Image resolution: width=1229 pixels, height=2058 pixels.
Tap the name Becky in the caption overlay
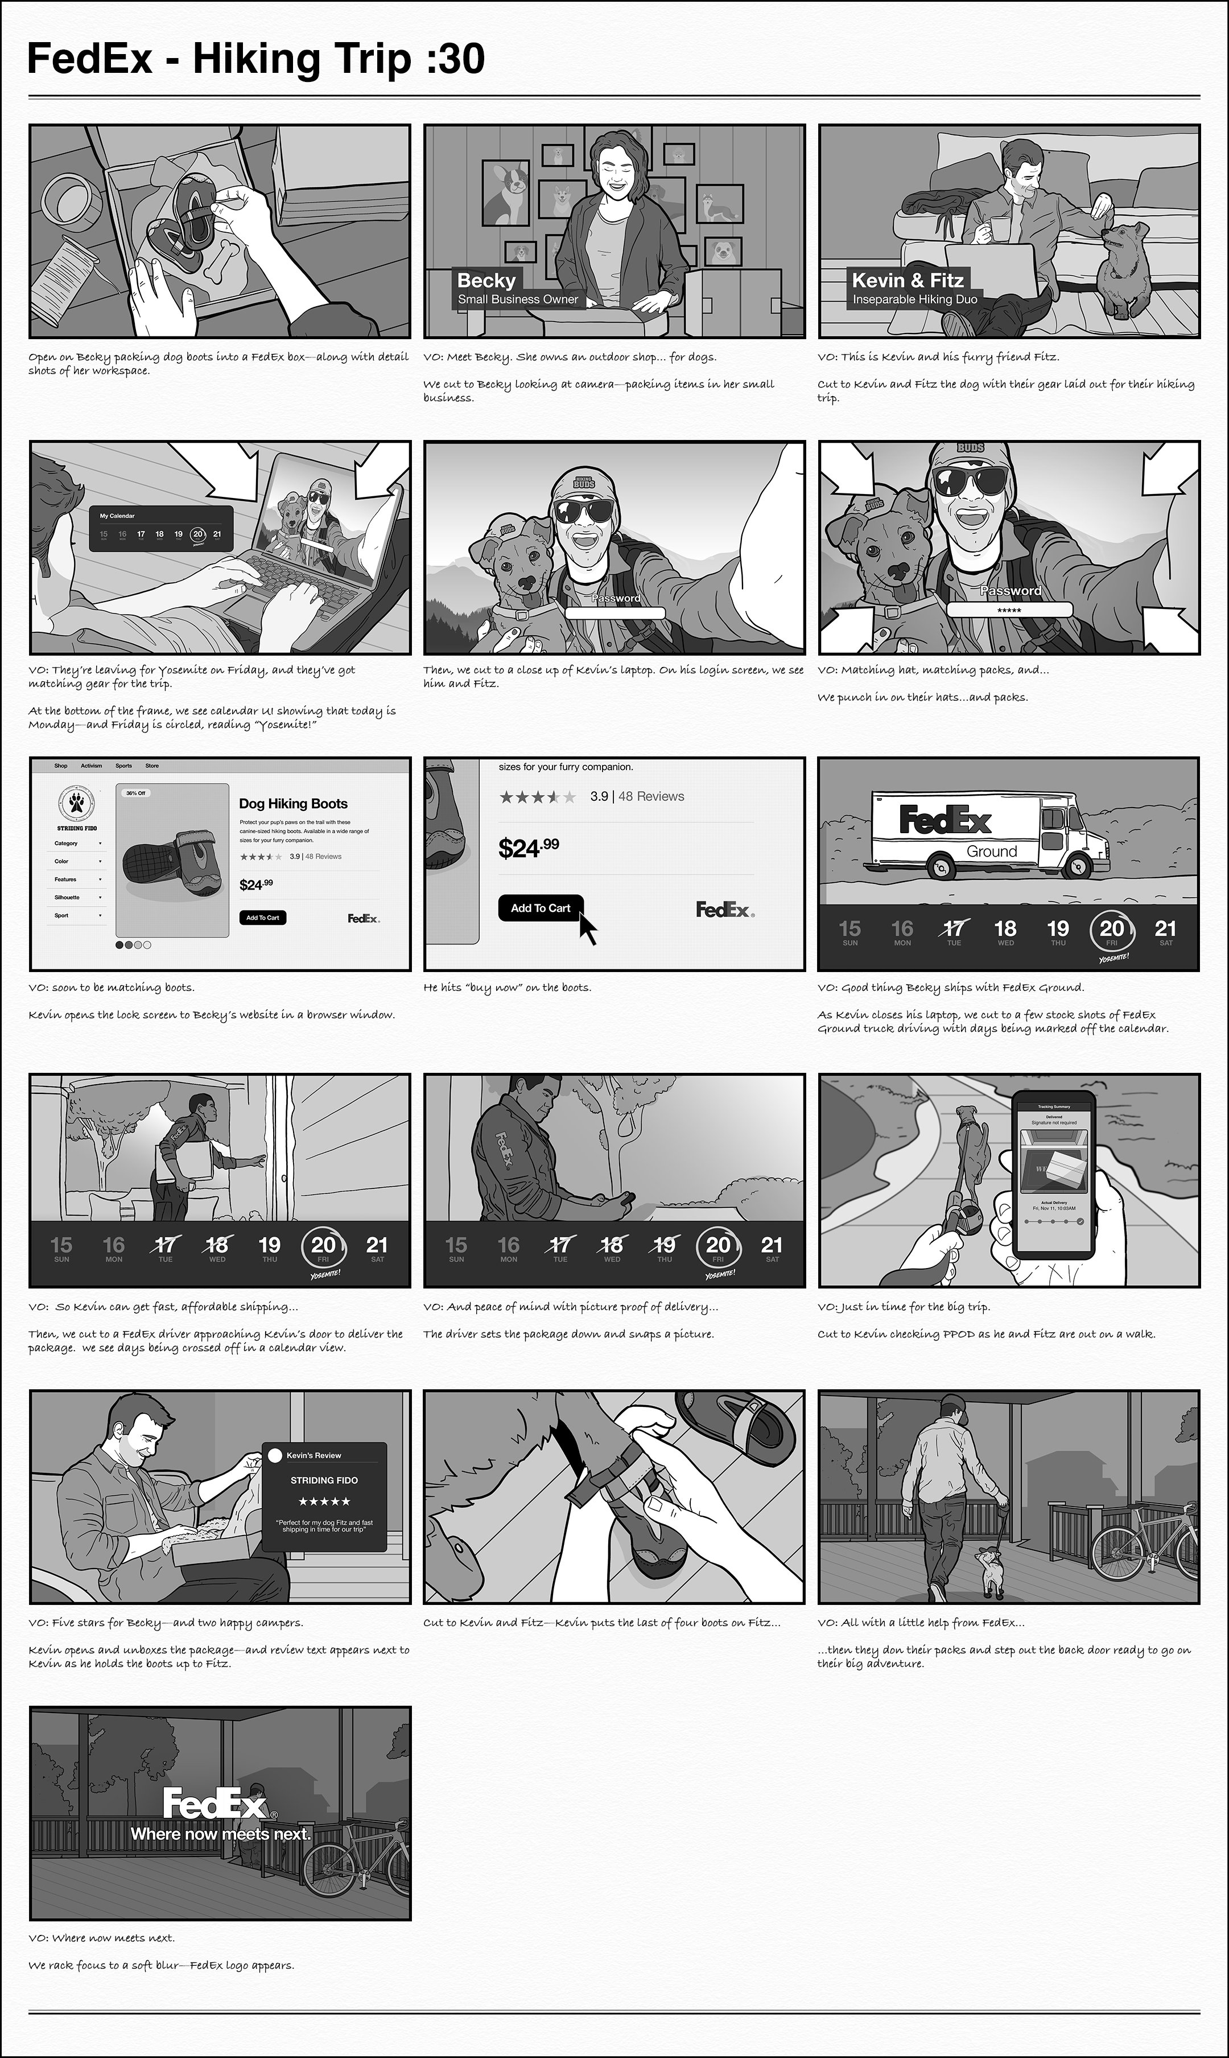coord(486,280)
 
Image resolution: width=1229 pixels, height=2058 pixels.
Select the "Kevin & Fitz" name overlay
coord(908,280)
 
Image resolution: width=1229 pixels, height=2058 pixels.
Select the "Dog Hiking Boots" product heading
coord(293,803)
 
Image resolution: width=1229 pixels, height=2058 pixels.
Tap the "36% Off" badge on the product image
coord(136,793)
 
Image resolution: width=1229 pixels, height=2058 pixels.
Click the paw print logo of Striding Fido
coord(76,802)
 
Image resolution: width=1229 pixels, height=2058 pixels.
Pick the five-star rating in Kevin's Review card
coord(324,1501)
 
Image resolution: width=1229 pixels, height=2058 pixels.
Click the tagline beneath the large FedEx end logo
coord(220,1834)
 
